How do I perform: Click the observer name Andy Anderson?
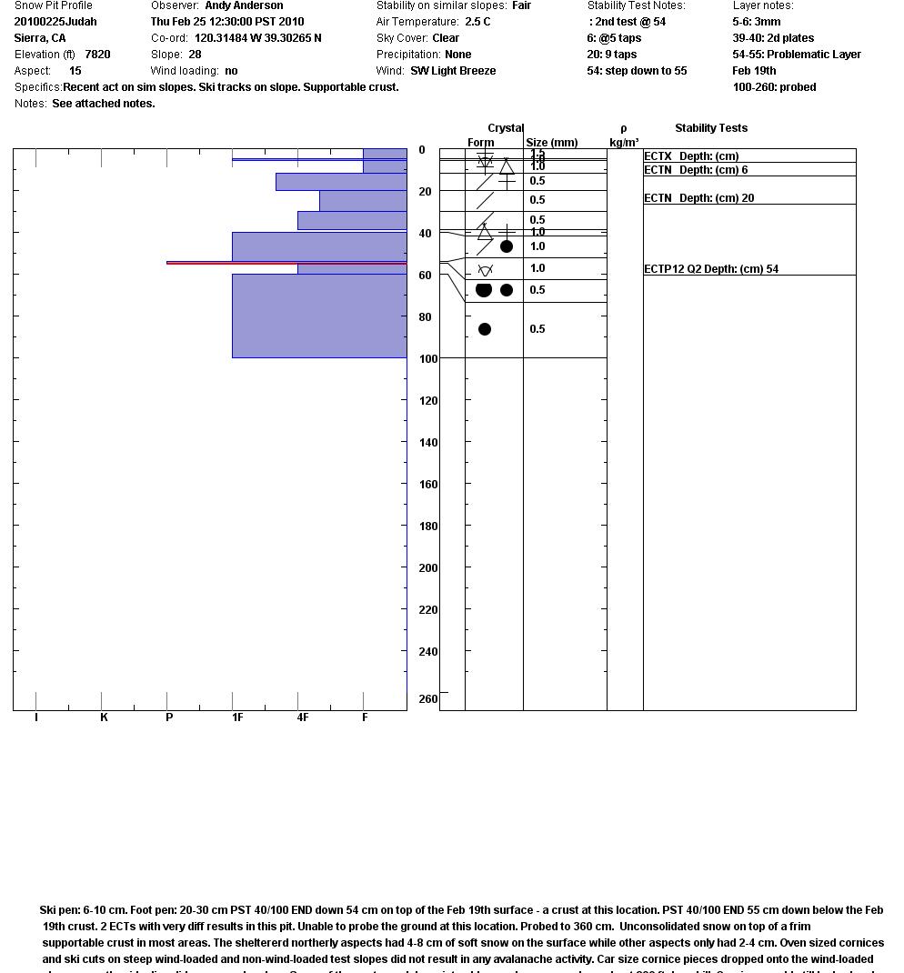coord(244,5)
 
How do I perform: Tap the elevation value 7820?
coord(97,55)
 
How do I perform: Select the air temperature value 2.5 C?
coord(477,22)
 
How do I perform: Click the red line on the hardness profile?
coord(286,263)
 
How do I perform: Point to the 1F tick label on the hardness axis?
coord(237,717)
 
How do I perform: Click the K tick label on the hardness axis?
coord(104,717)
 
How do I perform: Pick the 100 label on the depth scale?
coord(428,359)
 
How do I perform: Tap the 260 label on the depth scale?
coord(428,699)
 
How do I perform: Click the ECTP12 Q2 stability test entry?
coord(711,269)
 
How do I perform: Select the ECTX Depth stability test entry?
coord(691,156)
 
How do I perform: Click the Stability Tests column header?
coord(711,128)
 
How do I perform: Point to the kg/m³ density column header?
coord(624,143)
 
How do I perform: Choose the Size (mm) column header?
coord(552,143)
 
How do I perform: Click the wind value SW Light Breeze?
coord(453,71)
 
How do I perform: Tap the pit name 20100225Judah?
coord(55,22)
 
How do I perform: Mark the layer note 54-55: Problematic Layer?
coord(797,55)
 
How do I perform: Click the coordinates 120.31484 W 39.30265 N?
coord(257,38)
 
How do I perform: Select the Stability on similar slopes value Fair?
coord(521,5)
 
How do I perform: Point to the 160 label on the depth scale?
coord(428,485)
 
